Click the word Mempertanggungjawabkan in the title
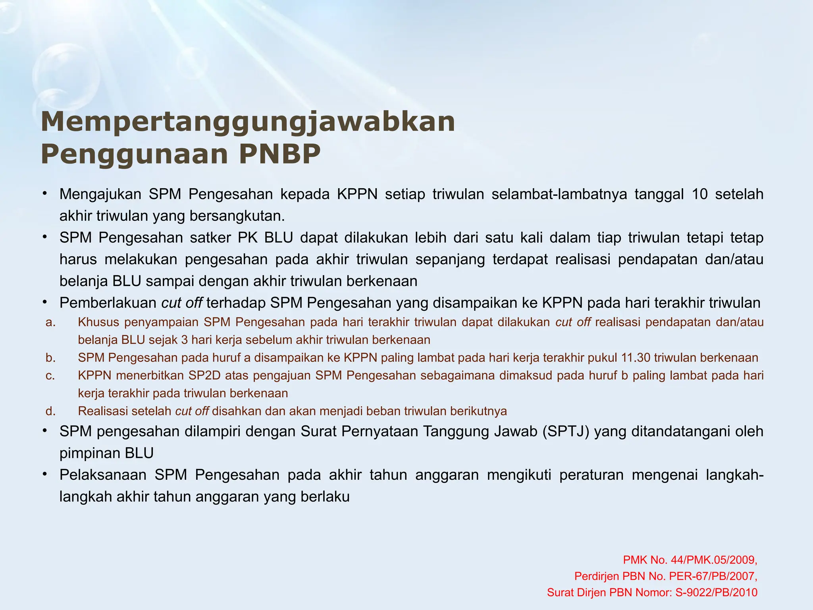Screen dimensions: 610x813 point(248,122)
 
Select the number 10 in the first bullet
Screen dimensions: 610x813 point(699,194)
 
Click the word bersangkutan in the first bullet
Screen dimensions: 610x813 point(237,216)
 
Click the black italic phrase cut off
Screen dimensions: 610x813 point(182,303)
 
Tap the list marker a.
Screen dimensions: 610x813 point(50,322)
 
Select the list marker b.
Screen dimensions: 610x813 point(50,358)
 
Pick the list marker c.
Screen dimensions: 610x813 point(50,376)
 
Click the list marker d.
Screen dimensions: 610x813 point(50,411)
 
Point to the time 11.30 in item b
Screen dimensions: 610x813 point(635,358)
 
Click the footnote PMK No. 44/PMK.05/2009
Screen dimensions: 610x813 point(690,560)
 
